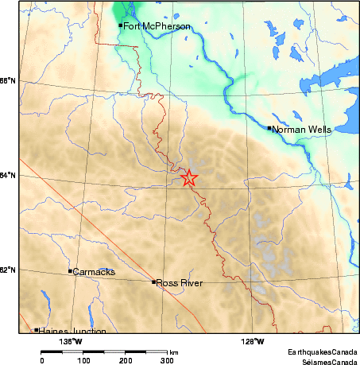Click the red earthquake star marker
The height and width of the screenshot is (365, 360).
point(189,178)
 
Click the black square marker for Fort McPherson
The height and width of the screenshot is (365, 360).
point(121,25)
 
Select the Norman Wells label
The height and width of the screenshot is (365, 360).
point(300,129)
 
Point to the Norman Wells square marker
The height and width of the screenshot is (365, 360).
point(270,127)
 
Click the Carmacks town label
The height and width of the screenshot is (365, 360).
point(95,272)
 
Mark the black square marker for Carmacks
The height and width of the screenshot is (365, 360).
point(71,271)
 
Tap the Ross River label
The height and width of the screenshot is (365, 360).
point(179,283)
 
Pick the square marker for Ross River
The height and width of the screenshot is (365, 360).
point(153,282)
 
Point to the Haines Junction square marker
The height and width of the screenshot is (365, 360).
point(37,329)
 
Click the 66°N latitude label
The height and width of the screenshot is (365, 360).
point(8,81)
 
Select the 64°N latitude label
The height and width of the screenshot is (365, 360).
point(8,176)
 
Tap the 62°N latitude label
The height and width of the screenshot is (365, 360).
point(8,270)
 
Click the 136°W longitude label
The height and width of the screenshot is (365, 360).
point(71,343)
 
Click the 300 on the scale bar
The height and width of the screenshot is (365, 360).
point(168,360)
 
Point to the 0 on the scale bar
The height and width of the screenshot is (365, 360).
point(41,360)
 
